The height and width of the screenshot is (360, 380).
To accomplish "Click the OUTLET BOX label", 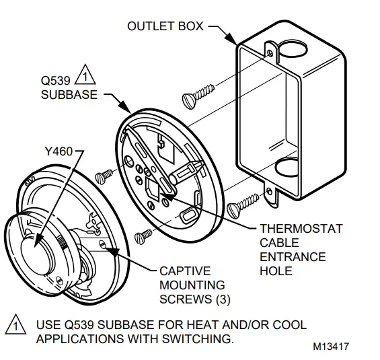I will (164, 27).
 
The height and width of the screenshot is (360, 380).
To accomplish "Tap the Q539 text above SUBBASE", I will (53, 79).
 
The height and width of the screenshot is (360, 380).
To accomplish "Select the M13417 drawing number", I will (331, 347).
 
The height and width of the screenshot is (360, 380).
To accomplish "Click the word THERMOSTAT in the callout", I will (301, 229).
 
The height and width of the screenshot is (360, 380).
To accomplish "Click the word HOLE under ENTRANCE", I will (276, 271).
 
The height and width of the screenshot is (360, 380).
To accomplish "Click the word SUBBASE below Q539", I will (65, 94).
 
